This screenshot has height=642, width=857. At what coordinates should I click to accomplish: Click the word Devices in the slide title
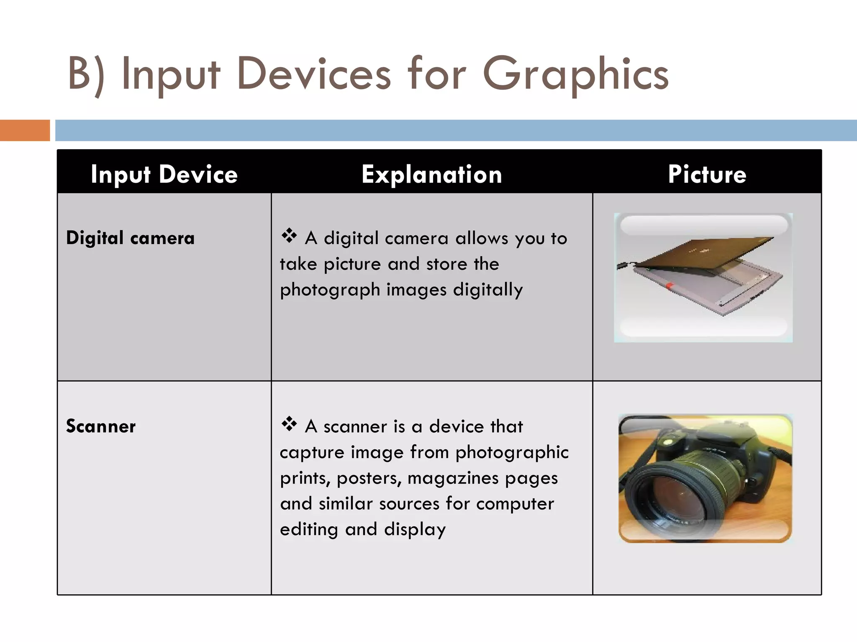click(x=314, y=75)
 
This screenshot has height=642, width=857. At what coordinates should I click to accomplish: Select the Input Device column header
click(x=164, y=174)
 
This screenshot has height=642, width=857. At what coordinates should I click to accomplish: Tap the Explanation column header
click(x=431, y=174)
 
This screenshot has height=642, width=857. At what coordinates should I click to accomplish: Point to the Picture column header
click(x=707, y=174)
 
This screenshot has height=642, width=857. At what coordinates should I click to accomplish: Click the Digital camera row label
click(x=130, y=238)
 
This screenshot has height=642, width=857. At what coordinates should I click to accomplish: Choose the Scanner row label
click(x=101, y=426)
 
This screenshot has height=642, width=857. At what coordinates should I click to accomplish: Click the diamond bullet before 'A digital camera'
click(x=289, y=236)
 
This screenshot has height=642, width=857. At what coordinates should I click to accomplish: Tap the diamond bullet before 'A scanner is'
click(x=289, y=424)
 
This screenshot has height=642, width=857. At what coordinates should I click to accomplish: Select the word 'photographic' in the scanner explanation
click(x=512, y=453)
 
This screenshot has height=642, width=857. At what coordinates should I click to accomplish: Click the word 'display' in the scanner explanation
click(x=415, y=530)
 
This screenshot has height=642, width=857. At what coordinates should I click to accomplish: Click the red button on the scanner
click(x=669, y=286)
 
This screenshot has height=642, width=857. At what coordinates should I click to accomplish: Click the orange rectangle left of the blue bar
click(x=25, y=130)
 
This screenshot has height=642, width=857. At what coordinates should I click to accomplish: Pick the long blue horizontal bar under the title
click(x=456, y=130)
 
